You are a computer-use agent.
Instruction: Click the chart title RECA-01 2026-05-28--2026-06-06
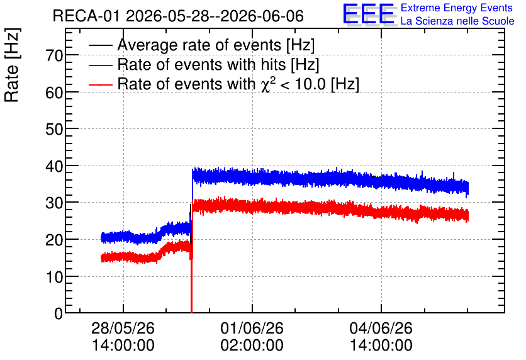178,16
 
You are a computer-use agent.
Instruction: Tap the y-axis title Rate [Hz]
12,65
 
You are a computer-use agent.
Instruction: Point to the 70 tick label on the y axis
54,55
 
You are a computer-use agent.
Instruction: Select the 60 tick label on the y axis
54,93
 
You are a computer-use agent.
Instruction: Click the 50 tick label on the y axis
54,129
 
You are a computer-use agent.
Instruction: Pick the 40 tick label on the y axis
54,166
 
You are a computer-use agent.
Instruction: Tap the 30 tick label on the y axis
54,203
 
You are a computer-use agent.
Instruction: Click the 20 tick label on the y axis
54,240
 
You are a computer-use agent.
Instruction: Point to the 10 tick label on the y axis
54,277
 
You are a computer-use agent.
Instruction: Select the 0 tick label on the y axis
59,313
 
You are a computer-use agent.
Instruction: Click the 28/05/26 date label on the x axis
123,328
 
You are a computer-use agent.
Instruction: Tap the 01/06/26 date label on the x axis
252,328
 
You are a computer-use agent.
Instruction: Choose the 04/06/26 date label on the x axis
381,328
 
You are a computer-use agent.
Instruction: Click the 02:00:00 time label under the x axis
252,346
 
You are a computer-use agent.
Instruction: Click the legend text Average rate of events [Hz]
216,45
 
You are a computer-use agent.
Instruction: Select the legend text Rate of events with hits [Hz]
218,64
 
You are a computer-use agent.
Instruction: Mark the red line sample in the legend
100,84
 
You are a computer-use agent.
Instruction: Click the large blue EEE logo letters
369,14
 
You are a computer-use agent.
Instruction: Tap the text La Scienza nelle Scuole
457,21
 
